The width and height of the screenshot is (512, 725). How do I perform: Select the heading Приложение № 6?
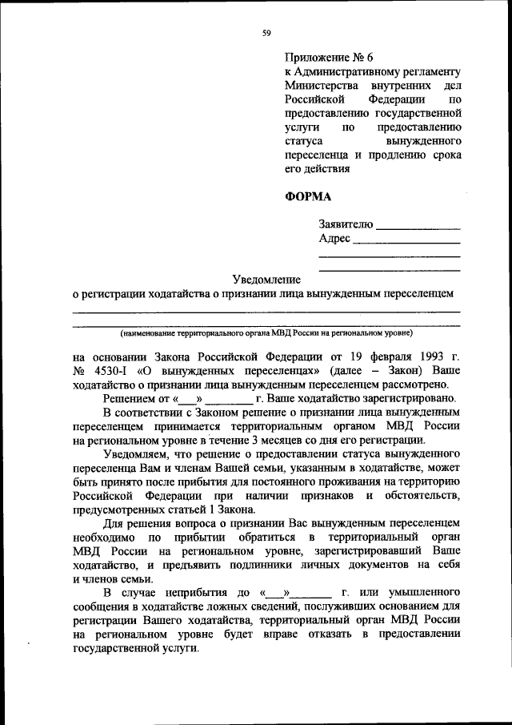(329, 58)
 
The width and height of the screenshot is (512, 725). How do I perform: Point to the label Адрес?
(334, 239)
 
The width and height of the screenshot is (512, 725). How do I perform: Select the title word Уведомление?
(266, 280)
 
